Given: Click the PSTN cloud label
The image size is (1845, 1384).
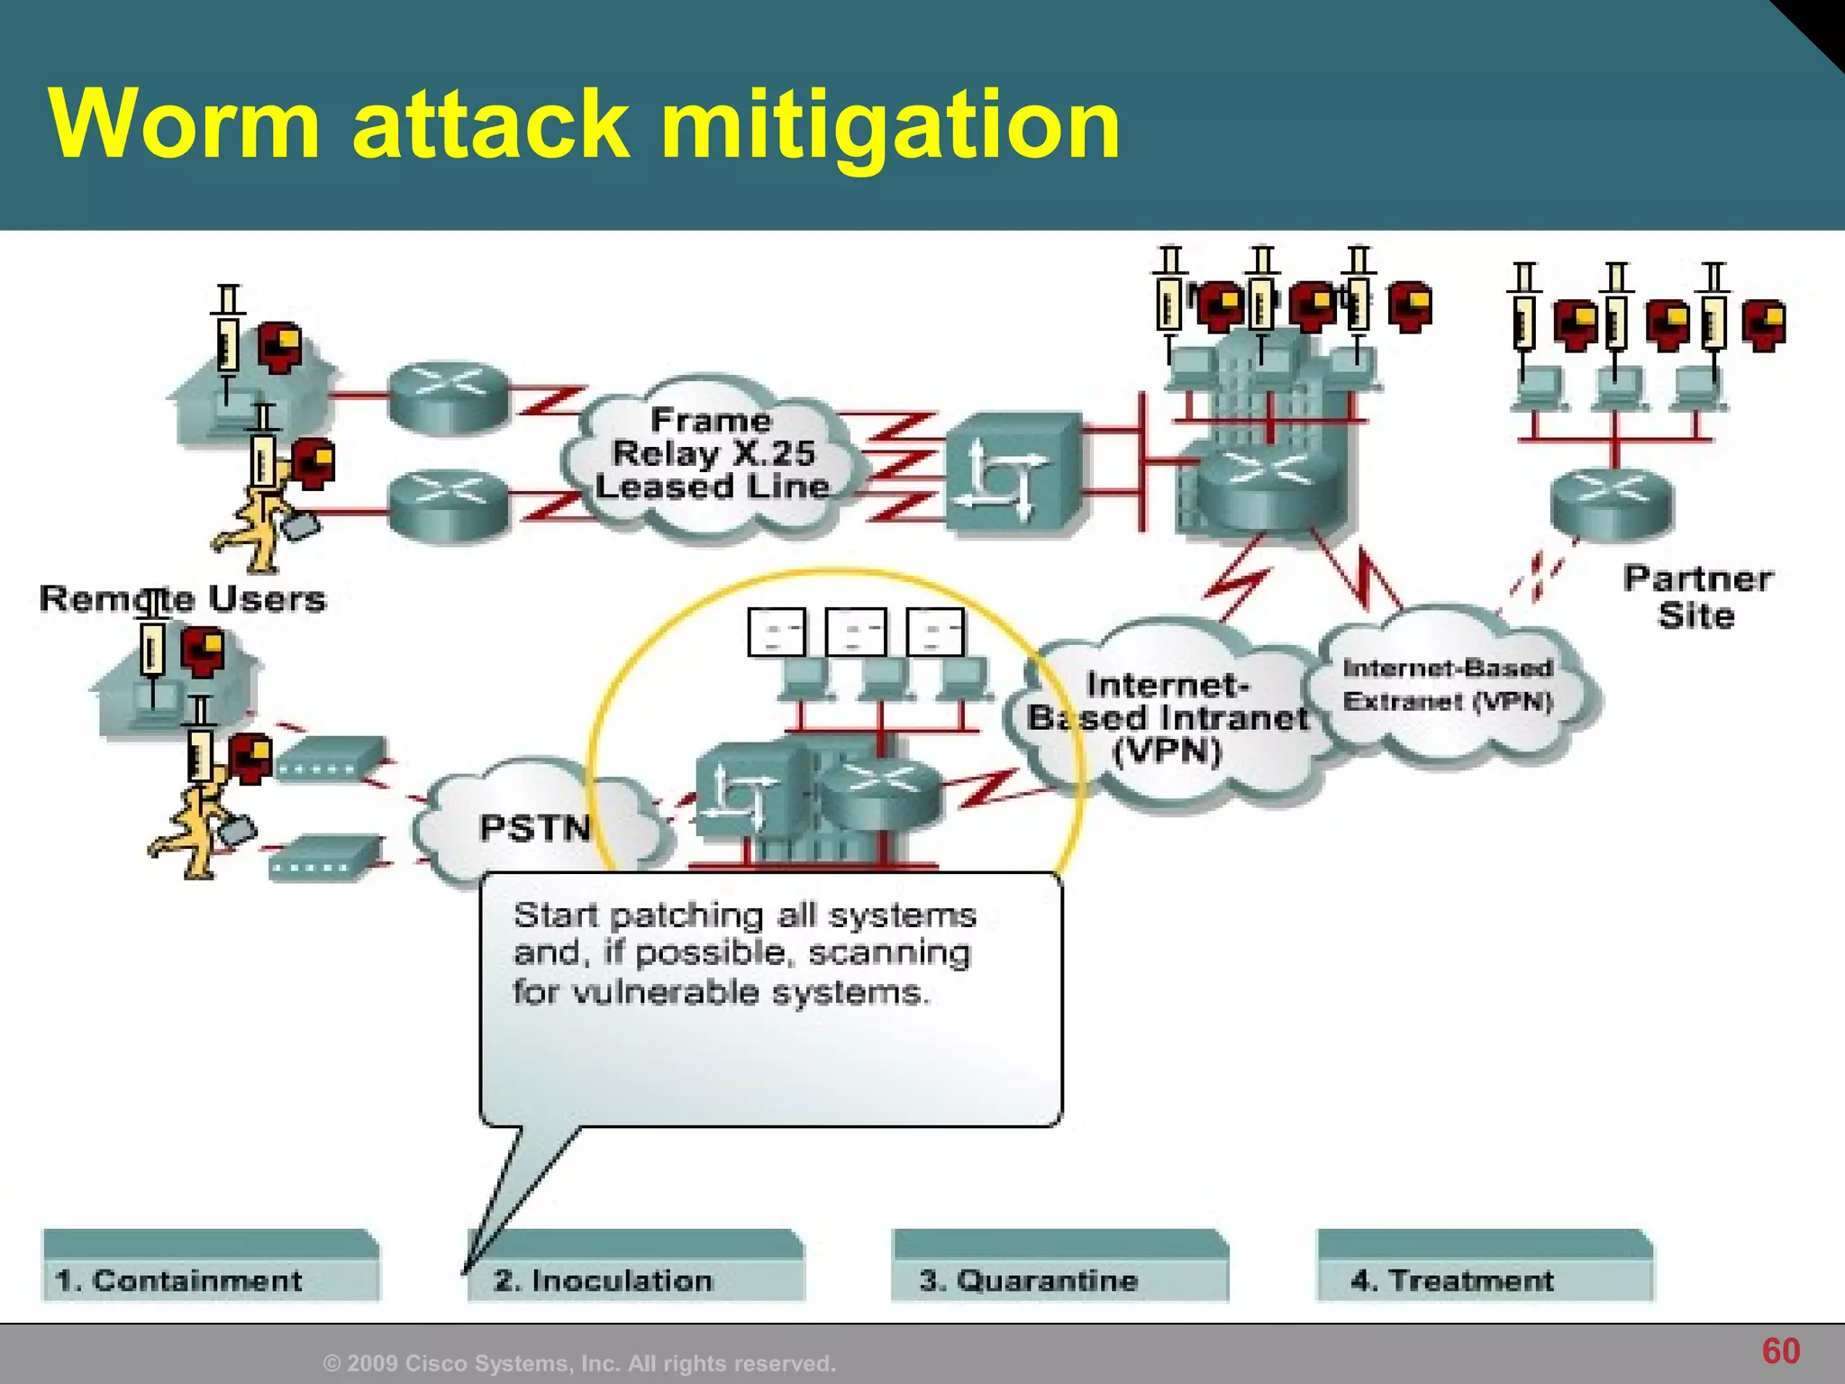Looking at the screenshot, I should pos(535,827).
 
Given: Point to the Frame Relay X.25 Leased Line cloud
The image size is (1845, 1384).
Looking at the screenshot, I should pos(712,454).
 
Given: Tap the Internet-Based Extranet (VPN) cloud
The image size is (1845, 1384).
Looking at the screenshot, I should pos(1449,685).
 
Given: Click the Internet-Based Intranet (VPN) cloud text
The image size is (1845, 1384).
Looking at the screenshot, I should pos(1168,718).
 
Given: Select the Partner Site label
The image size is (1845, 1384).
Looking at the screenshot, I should pos(1697,596).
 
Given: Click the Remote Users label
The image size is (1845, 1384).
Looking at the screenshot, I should pos(183,599).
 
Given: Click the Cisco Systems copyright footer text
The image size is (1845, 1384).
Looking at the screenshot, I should pos(579,1363).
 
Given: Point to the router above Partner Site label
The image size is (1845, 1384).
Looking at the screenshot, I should pos(1612,502).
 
